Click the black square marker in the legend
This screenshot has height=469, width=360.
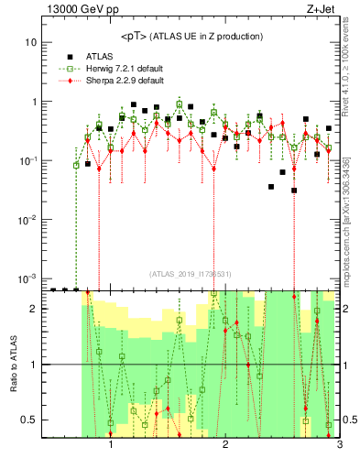pos(70,55)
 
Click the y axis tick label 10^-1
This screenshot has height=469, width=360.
pos(28,160)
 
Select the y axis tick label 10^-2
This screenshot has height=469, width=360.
pos(28,220)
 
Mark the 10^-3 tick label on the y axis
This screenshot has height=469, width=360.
pos(28,278)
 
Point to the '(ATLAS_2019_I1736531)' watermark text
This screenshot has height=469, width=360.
pos(191,274)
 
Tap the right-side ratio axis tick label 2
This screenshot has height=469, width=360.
pos(348,309)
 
